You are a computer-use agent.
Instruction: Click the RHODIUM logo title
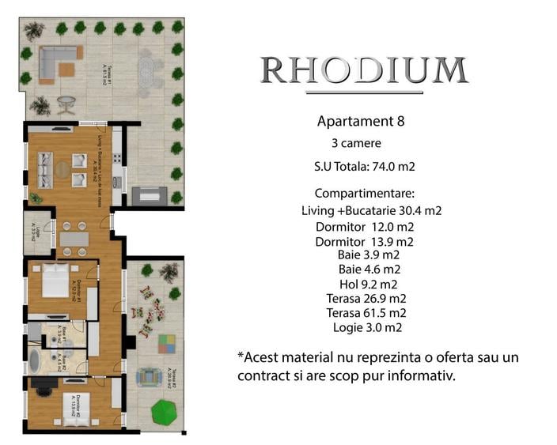(364, 71)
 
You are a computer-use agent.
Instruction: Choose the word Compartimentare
(364, 194)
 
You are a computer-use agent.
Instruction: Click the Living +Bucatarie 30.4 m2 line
(371, 211)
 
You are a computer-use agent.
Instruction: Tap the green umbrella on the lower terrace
(164, 411)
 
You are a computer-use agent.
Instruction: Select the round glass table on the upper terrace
(66, 104)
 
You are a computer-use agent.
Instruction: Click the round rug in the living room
(64, 168)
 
